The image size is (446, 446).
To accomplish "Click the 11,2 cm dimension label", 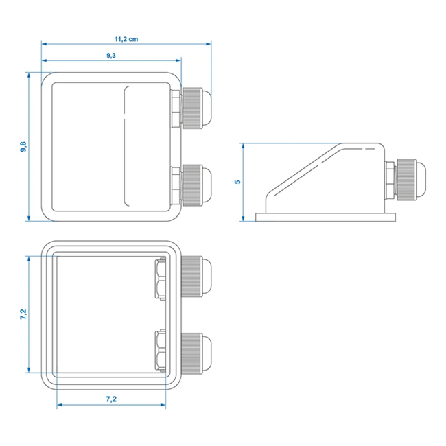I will (x=125, y=40).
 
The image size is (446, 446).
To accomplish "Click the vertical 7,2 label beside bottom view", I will (x=23, y=315).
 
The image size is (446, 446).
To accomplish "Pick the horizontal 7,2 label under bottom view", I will (x=112, y=397).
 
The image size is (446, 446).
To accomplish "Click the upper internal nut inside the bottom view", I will (x=160, y=280).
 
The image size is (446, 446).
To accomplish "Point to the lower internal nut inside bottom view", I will (x=160, y=351).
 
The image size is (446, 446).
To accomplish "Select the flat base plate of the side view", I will (x=326, y=218).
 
